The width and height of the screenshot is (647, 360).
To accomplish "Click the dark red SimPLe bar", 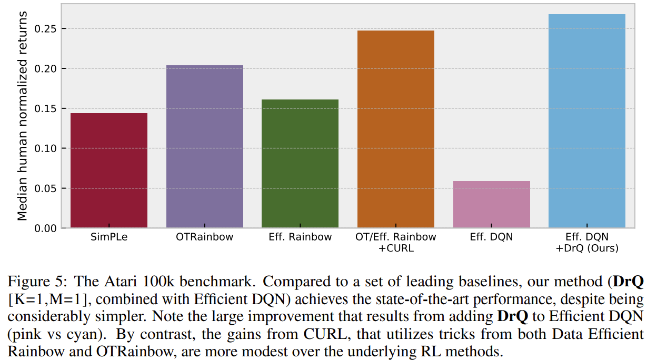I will [108, 171].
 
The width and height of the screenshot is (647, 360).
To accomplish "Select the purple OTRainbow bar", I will [204, 147].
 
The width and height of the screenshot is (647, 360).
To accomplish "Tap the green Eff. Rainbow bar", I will [300, 164].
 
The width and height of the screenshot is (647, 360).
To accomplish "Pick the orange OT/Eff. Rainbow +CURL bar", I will [395, 129].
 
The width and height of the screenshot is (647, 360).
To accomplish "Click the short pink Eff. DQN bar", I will [491, 205].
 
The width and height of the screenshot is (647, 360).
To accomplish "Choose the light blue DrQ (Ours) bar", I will [586, 121].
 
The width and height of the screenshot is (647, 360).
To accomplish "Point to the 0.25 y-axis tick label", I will [45, 28].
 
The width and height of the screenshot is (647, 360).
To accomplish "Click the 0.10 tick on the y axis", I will [45, 148].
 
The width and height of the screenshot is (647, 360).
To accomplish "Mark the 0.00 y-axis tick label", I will [45, 228].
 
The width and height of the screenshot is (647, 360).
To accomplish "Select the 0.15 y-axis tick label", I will [45, 108].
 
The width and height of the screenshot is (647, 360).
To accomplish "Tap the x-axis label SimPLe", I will [108, 237].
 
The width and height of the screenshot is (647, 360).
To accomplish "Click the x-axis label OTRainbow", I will [204, 237].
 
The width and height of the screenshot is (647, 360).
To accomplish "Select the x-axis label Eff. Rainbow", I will [300, 237].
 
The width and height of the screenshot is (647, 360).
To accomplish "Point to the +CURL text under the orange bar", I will [396, 248].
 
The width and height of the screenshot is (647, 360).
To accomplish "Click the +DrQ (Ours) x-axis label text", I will [587, 248].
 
